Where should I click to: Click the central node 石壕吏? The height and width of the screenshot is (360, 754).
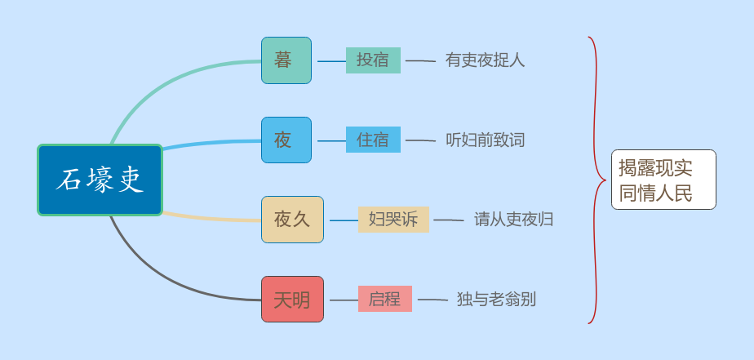click(x=100, y=180)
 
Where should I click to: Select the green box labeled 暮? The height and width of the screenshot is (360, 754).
click(x=286, y=60)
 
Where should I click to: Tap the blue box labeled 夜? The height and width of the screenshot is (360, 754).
click(x=286, y=140)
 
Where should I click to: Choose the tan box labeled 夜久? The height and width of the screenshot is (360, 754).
click(x=292, y=220)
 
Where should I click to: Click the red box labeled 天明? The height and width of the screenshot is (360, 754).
click(x=292, y=300)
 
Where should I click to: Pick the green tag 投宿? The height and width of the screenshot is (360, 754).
click(x=373, y=60)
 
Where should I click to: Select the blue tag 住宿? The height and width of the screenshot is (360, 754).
click(x=373, y=140)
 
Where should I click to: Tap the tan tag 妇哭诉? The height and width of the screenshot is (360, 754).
click(x=393, y=220)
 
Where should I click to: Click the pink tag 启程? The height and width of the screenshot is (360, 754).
click(x=385, y=299)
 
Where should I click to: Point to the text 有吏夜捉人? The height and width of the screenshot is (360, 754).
click(x=485, y=60)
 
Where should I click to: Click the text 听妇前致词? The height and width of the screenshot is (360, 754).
click(x=485, y=140)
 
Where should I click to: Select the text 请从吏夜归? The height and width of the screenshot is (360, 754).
click(x=513, y=220)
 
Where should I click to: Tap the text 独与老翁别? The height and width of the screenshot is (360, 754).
click(x=496, y=300)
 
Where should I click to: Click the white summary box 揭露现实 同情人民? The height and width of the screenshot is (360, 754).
click(x=663, y=180)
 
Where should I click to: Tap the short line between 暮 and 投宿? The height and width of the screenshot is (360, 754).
click(x=331, y=61)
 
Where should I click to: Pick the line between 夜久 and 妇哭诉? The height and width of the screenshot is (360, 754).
click(x=343, y=220)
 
